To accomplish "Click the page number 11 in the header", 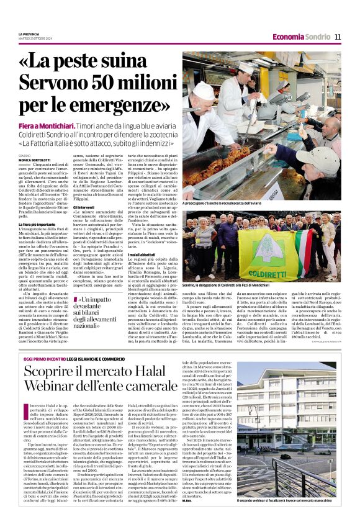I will click(x=338, y=37).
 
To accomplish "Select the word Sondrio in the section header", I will click(x=318, y=37).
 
